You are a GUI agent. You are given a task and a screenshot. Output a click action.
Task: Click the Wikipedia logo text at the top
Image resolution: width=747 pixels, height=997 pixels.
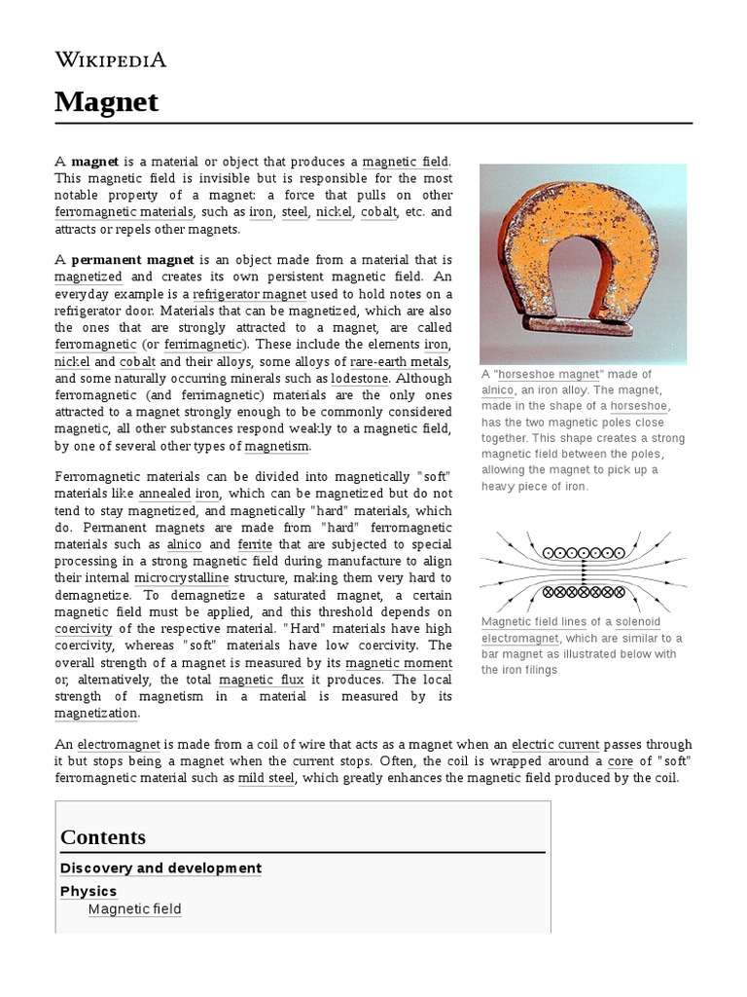tap(111, 59)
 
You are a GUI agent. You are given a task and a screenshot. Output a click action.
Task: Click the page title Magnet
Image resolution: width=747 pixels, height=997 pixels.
tap(107, 101)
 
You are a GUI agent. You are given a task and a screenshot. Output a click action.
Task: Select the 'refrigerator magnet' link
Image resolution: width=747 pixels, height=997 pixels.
tap(250, 294)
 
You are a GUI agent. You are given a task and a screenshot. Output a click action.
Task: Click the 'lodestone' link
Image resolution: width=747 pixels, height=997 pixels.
tap(360, 378)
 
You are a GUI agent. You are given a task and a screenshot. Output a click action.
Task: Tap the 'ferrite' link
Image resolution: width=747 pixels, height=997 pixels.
tap(255, 544)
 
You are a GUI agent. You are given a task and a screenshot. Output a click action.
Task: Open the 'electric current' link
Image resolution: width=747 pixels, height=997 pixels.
tap(557, 744)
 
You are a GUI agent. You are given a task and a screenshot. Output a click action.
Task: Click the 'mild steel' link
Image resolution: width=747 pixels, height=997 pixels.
tap(267, 779)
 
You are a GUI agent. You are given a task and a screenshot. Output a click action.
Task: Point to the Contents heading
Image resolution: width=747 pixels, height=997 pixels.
tap(103, 837)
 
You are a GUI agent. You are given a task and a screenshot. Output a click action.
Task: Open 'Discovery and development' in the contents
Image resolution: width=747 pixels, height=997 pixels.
tap(160, 868)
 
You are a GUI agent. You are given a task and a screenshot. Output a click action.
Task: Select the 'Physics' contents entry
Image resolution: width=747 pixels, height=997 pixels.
tap(89, 891)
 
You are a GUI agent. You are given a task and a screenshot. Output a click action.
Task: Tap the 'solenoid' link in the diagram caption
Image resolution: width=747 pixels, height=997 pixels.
tap(637, 622)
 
